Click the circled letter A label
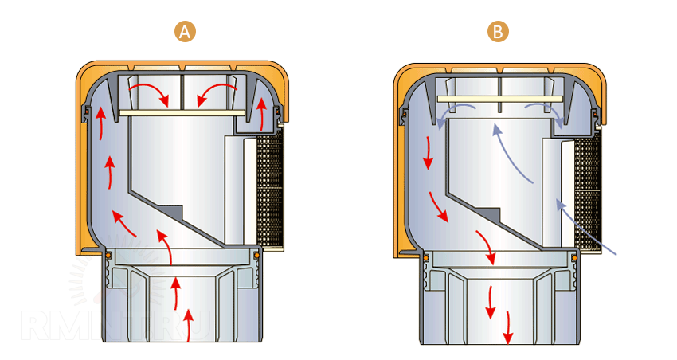coord(185,32)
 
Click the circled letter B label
coord(499,32)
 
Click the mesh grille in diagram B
coord(589,191)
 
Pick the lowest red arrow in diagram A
coord(188,324)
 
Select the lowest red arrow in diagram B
coord(508,325)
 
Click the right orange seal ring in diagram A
coord(256,254)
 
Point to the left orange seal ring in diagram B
coord(425,256)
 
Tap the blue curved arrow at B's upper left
coord(454,114)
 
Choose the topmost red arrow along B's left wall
coord(428,151)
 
